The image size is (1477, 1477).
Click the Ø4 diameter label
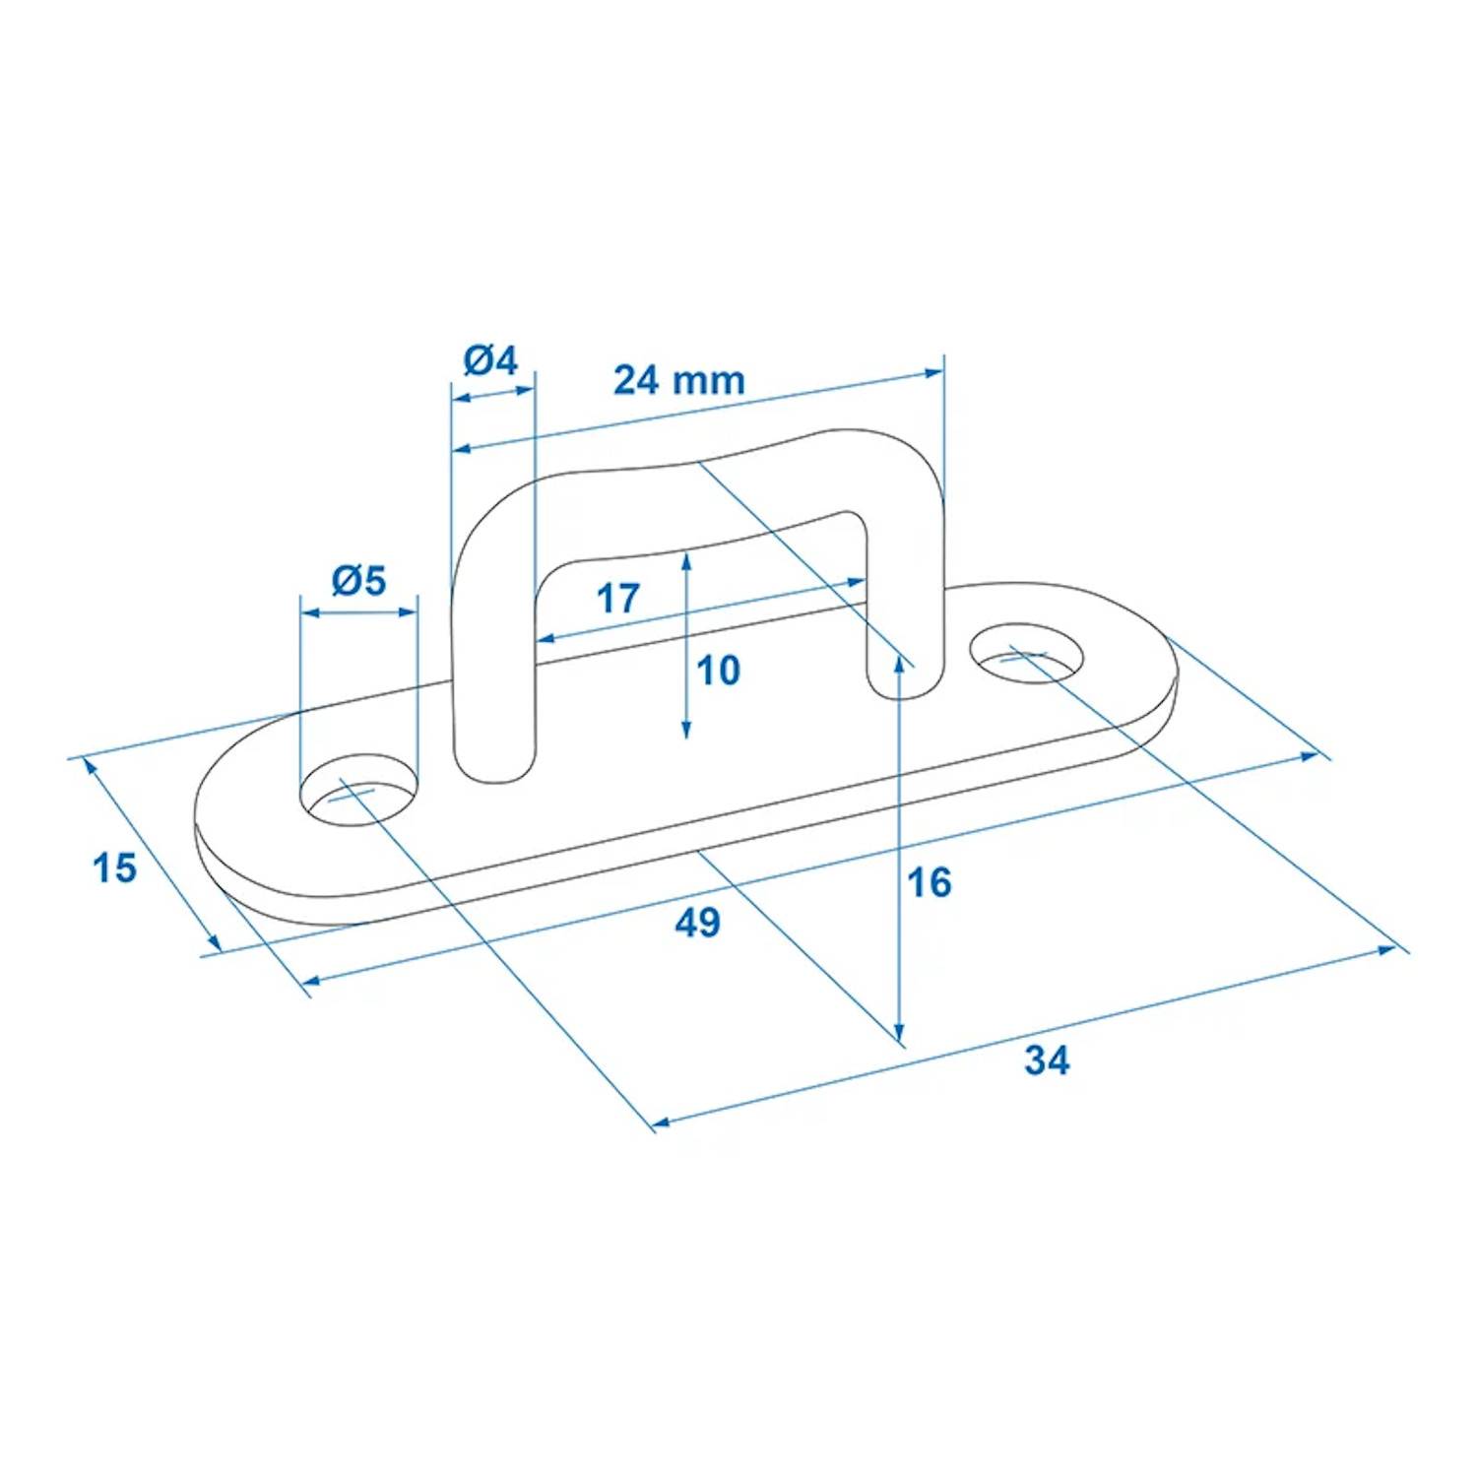coord(489,360)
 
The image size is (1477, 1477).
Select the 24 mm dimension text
coord(678,380)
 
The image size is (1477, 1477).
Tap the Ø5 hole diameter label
coord(358,581)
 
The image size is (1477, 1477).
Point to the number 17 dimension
coord(617,598)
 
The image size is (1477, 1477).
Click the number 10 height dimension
coord(718,671)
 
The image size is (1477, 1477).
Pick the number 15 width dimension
coord(114,868)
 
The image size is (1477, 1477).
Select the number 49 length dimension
coord(697,923)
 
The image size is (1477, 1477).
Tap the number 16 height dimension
coord(929,883)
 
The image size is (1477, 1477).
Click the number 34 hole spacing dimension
coord(1046,1060)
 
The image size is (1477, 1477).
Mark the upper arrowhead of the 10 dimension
coord(686,559)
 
